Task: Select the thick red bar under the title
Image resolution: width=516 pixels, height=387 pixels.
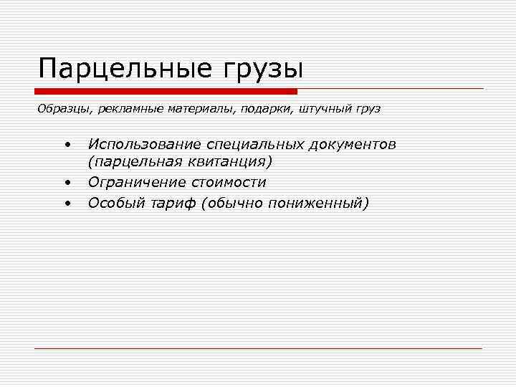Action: (166, 92)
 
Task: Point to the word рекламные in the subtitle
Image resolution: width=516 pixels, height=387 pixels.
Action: (129, 110)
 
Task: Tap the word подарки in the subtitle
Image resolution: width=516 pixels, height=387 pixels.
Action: (264, 110)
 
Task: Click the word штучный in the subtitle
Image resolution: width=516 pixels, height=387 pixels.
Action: (322, 110)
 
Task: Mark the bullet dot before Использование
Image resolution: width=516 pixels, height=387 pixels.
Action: (65, 145)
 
